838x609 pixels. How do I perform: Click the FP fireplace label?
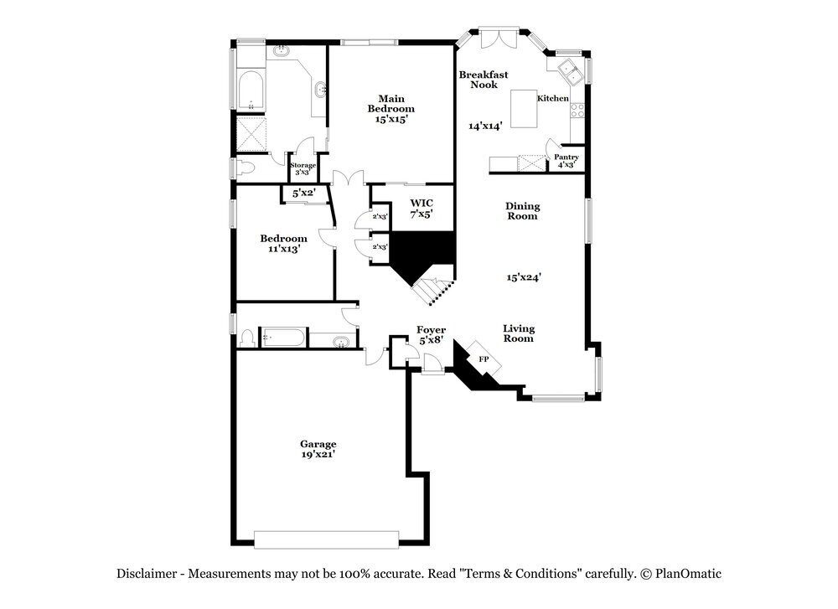(484, 359)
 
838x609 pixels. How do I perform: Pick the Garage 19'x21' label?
(318, 449)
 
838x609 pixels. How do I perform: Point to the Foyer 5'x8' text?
(432, 335)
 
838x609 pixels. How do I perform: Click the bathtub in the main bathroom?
(251, 91)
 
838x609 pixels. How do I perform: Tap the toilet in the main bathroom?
(244, 168)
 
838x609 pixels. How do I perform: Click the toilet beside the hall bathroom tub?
(247, 338)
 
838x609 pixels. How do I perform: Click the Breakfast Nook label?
(484, 80)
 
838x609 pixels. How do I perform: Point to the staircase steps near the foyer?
(432, 291)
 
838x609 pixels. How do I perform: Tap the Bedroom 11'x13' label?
(283, 244)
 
